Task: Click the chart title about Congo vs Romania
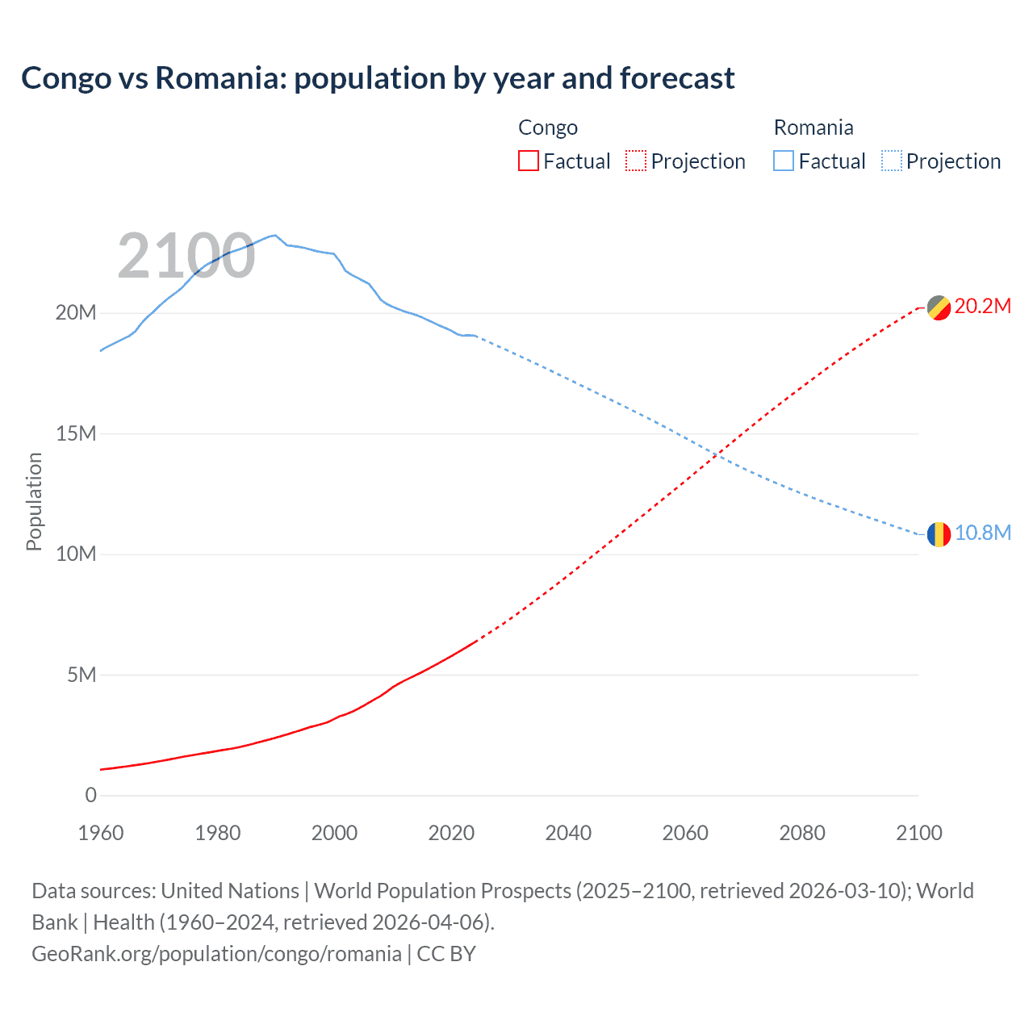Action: point(378,78)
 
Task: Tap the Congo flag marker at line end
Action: point(938,307)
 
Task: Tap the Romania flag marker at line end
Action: point(938,534)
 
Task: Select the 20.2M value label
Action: point(982,307)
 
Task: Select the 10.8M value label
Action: point(982,533)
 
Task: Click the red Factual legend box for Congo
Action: point(529,161)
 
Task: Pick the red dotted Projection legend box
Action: point(636,161)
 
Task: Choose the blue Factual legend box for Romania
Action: point(784,161)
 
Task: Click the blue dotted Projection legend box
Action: point(892,161)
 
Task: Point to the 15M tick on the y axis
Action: point(76,434)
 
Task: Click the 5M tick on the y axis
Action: point(82,675)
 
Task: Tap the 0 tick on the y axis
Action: point(90,796)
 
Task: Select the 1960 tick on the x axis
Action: point(101,833)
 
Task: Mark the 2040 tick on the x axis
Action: point(568,833)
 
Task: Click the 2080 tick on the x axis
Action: point(802,833)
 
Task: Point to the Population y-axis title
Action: point(34,501)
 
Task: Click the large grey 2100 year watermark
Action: point(186,257)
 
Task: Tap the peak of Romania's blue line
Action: point(275,235)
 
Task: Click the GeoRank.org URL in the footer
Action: point(216,954)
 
